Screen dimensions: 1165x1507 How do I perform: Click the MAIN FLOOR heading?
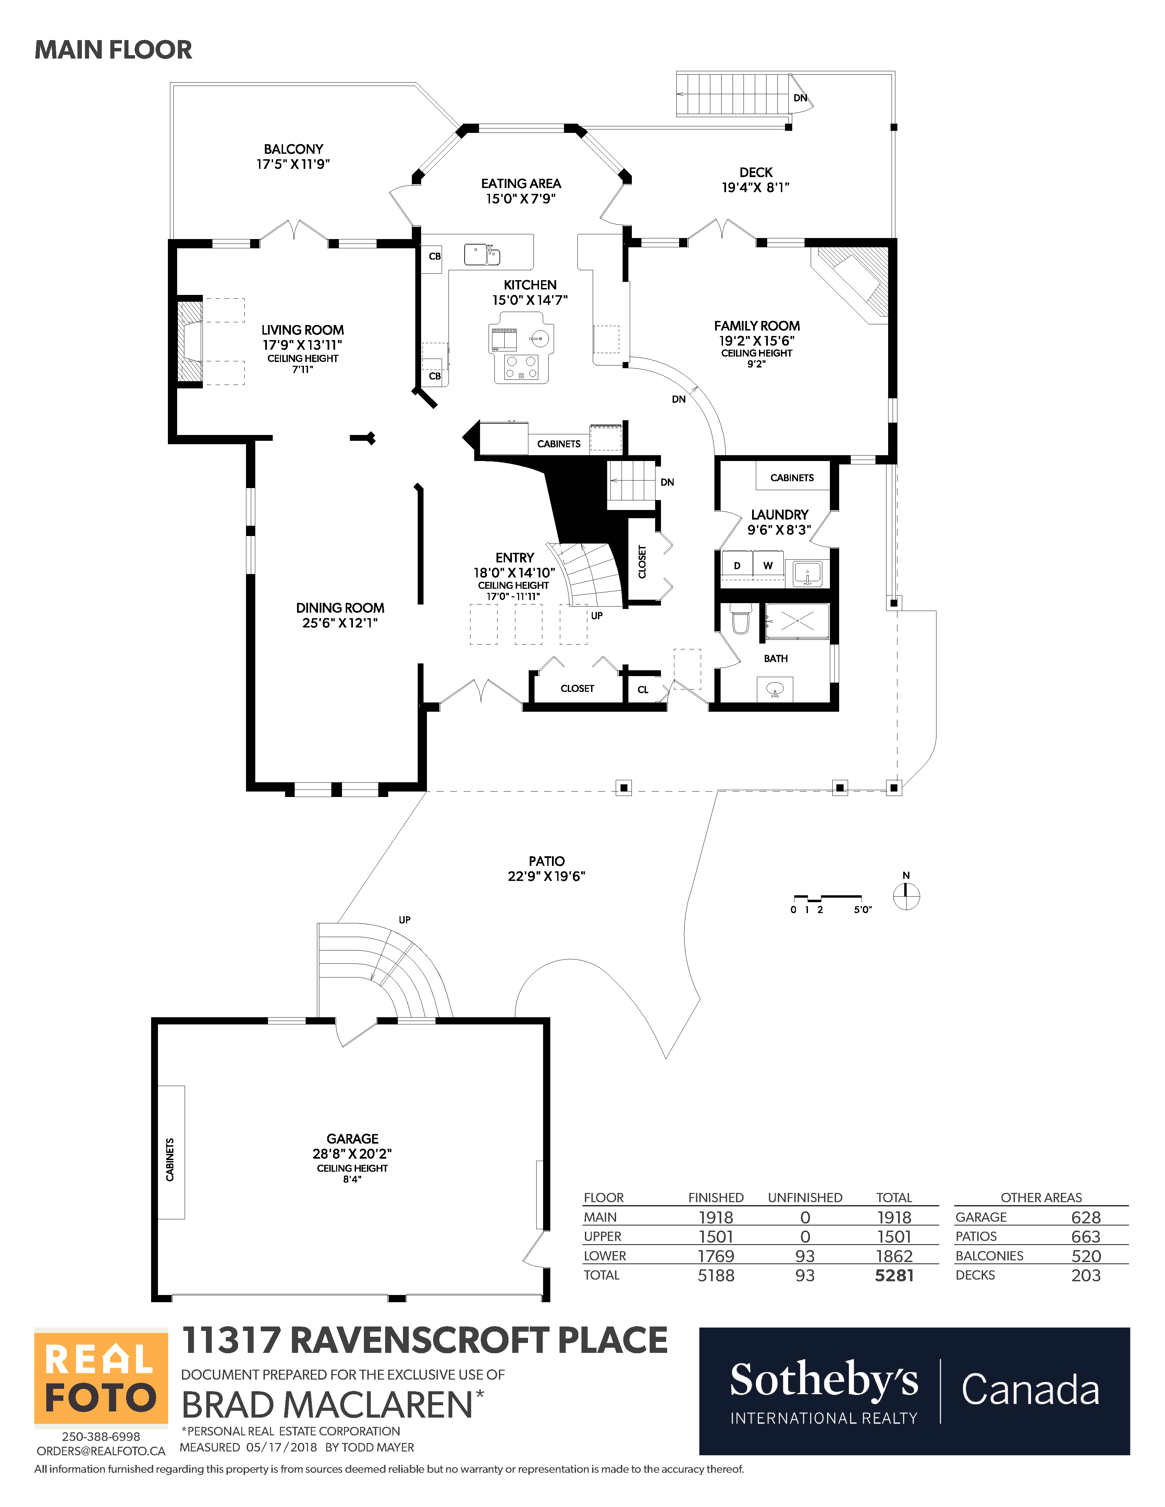[x=113, y=50]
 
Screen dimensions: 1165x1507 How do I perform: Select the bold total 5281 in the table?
[x=894, y=1275]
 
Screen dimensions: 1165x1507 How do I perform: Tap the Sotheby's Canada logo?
[x=915, y=1391]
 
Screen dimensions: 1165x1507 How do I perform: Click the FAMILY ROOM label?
[x=757, y=326]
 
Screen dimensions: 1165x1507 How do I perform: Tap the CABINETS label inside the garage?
[x=170, y=1160]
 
